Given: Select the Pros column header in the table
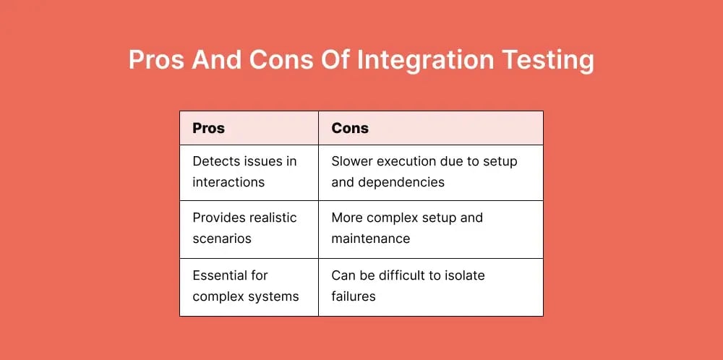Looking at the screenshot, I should [208, 128].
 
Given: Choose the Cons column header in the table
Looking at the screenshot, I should [350, 128].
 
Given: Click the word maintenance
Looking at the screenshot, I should [371, 239].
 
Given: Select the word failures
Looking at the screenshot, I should [354, 296].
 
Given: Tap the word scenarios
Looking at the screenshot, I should [222, 239].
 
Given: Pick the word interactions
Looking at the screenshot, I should [228, 181].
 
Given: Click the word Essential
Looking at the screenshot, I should [220, 275].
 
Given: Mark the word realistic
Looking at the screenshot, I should [272, 218].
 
